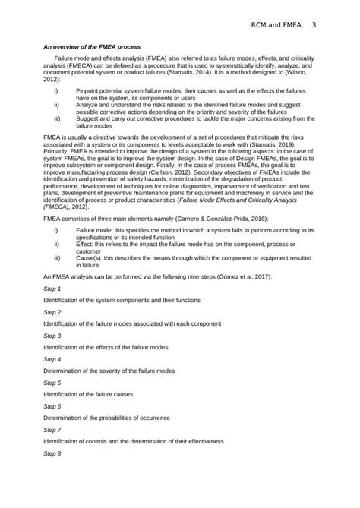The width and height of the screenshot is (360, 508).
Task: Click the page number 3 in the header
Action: pos(314,26)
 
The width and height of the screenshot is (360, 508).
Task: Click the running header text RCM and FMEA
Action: pos(276,26)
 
